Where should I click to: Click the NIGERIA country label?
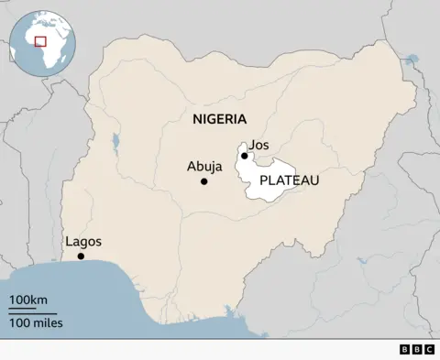coord(219,119)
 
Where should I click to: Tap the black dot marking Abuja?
coord(203,181)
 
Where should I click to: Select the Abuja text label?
coord(203,167)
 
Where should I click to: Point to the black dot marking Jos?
coord(245,156)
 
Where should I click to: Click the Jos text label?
coord(259,145)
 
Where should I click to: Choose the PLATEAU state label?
coord(289,180)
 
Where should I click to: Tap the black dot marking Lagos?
coord(81,256)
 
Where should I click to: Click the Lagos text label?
coord(83,242)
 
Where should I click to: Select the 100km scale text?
coord(28,300)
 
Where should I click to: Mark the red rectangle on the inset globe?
coord(40,40)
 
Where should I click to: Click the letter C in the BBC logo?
coord(429,349)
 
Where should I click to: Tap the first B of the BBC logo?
coord(405,349)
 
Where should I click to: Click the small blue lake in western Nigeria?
coord(115,142)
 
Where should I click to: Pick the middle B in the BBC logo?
coord(417,349)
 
